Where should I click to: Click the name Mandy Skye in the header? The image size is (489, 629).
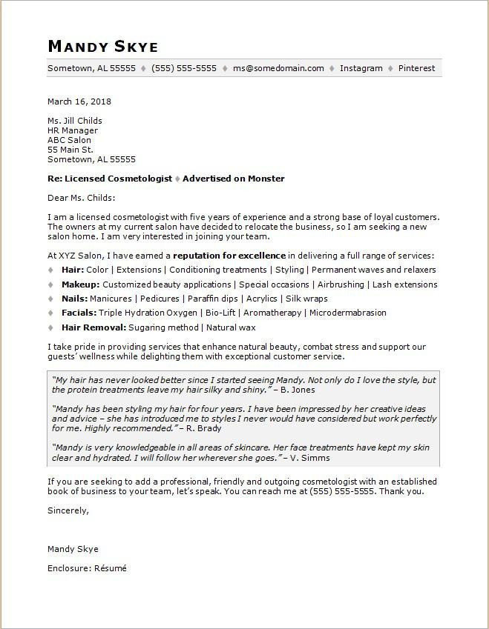pos(102,46)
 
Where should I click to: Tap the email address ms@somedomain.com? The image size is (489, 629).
pos(278,68)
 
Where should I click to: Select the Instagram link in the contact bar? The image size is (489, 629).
pos(361,68)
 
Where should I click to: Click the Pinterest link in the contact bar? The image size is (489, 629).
pos(416,68)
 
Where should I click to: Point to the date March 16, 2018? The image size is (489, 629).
pos(79,101)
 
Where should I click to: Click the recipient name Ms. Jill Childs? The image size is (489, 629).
pos(75,121)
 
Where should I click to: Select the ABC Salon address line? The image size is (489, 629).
pos(69,140)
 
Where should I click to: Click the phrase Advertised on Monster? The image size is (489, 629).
pos(233,179)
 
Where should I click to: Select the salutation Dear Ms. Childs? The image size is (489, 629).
pos(82,198)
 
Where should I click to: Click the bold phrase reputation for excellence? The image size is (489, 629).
pos(229,256)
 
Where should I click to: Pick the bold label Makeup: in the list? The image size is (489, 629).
pos(80,284)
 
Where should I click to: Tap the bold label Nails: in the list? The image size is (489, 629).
pos(73,299)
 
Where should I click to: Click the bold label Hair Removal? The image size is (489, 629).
pos(93,327)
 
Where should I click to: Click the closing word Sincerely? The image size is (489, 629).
pos(68,510)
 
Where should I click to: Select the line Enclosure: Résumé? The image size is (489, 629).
pos(87,568)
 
